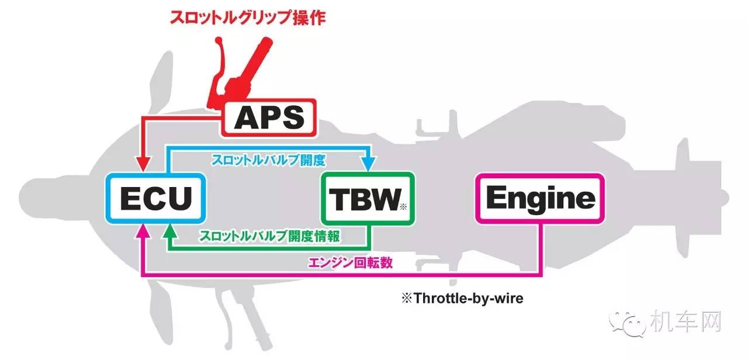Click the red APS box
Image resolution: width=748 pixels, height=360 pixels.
[269, 118]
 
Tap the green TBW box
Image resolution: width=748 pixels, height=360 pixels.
[368, 199]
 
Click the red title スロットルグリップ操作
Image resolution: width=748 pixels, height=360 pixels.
[248, 18]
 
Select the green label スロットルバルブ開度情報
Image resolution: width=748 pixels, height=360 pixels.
[269, 236]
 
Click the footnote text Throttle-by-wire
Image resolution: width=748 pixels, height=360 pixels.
[468, 299]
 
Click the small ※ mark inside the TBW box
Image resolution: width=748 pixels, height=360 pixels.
[403, 206]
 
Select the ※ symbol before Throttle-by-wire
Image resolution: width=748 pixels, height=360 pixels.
[407, 299]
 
